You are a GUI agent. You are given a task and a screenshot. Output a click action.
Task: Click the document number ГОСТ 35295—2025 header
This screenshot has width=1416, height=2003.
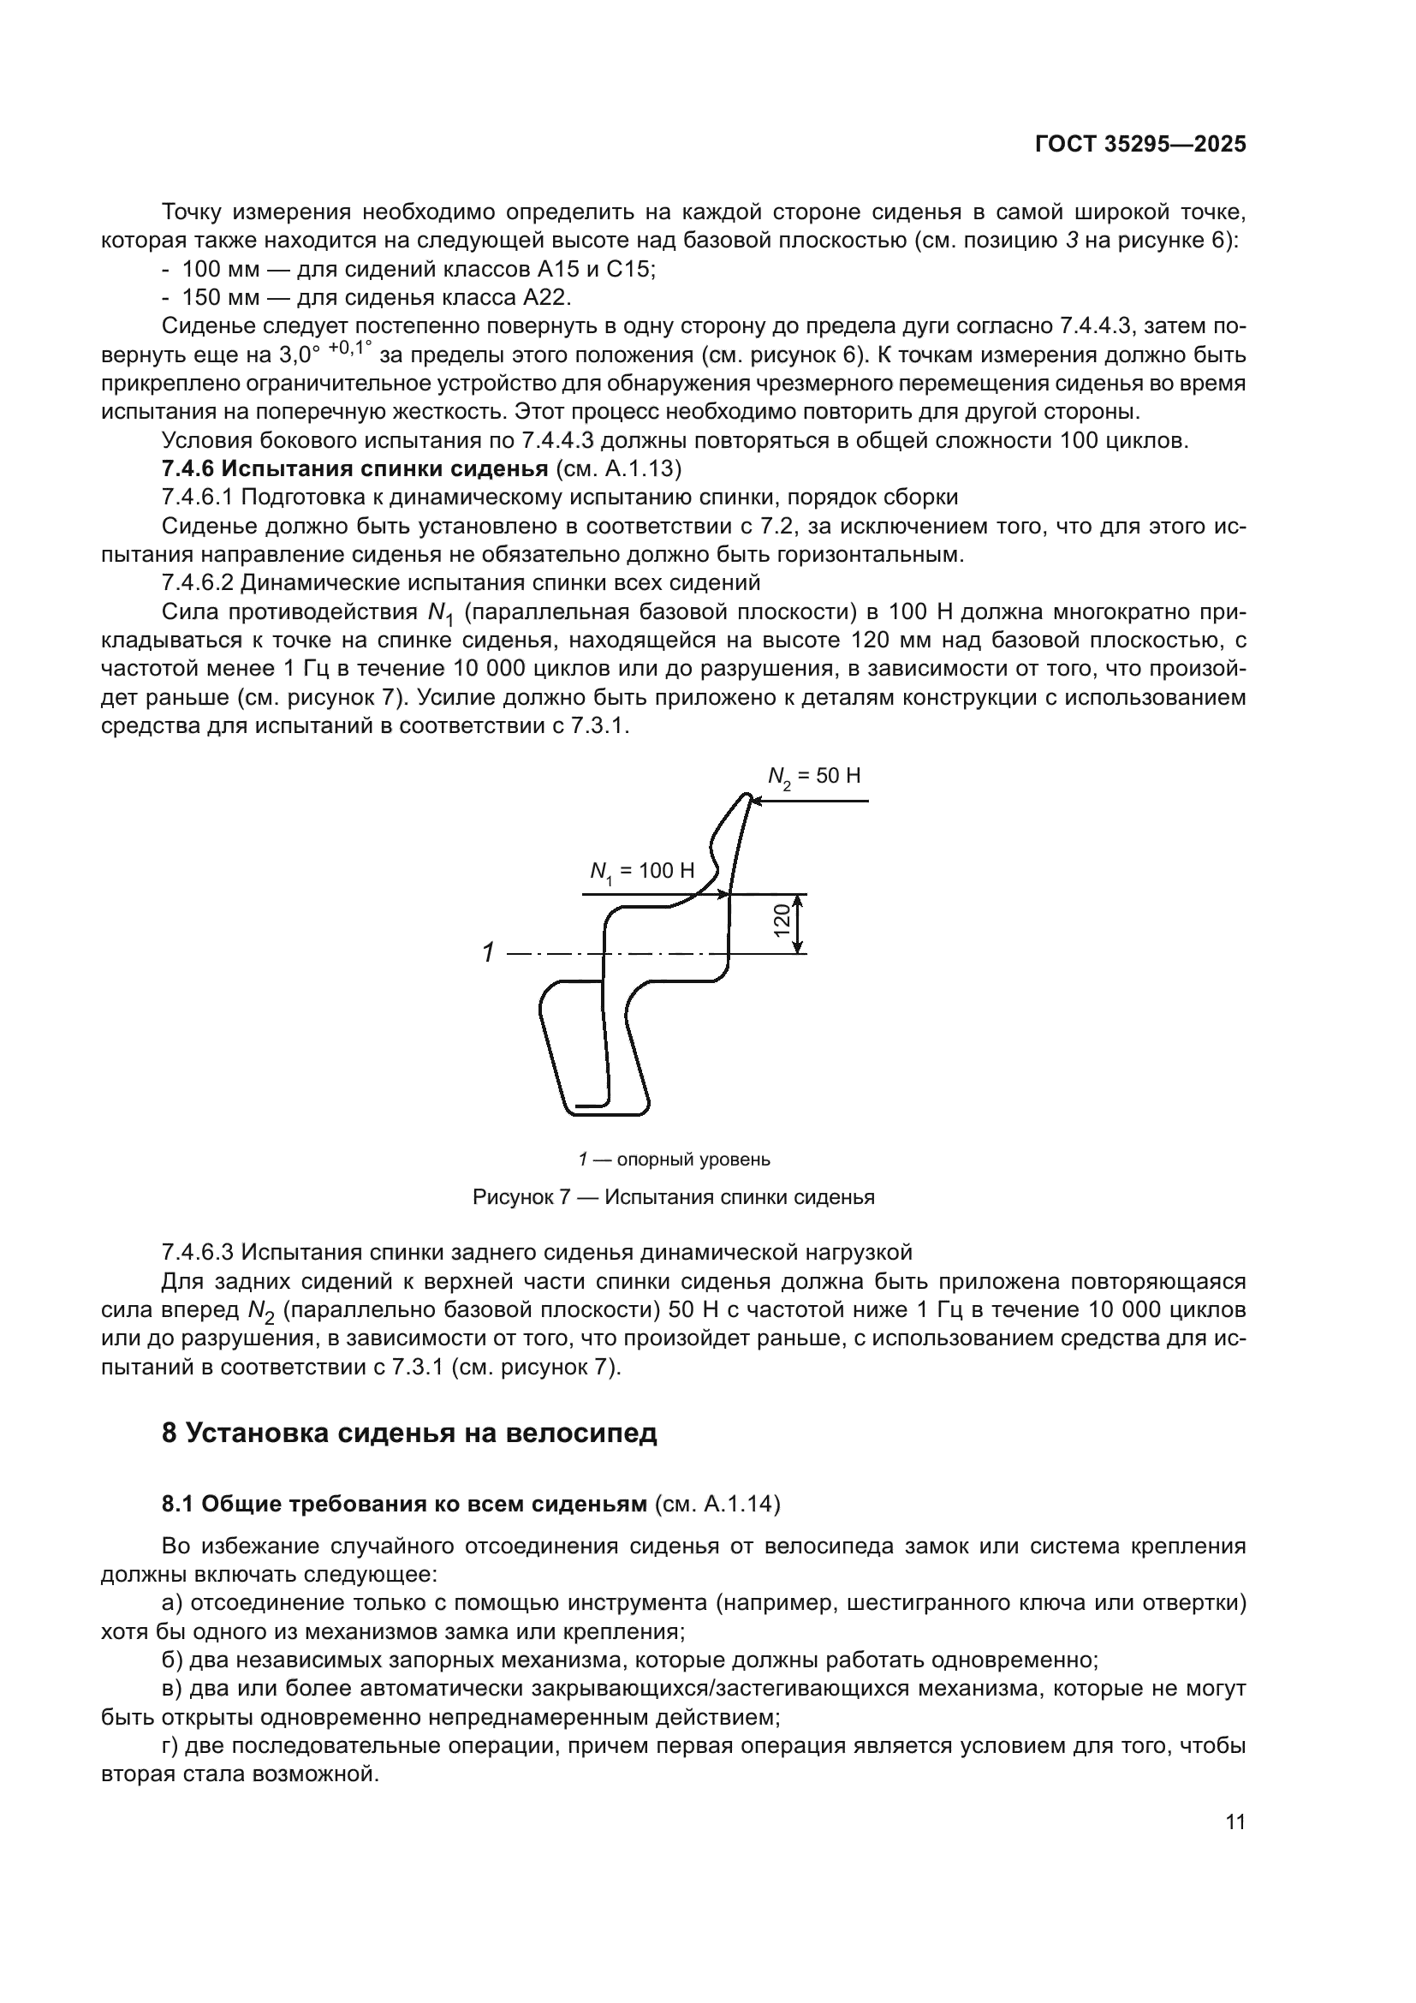1139,145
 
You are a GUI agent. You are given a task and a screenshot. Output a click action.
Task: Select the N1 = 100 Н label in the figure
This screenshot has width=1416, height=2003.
642,871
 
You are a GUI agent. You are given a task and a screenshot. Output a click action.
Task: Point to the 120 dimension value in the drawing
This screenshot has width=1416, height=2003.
782,921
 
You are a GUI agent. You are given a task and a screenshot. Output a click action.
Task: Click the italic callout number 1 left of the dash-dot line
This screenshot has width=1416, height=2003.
489,952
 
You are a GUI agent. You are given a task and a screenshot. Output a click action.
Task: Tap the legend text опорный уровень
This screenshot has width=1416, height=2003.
693,1159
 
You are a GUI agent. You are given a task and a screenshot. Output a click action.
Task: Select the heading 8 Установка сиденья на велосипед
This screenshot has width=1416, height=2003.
409,1433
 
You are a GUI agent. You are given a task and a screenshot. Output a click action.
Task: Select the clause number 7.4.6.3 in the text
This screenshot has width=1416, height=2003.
198,1252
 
